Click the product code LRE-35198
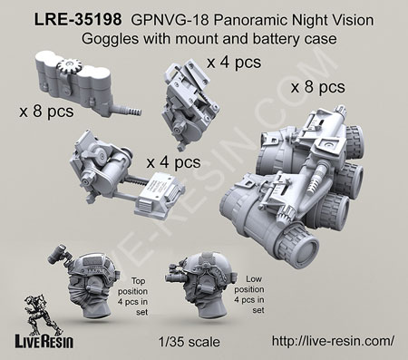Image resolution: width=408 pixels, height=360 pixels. click(x=78, y=20)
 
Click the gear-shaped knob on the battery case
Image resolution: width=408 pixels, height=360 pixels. click(x=69, y=65)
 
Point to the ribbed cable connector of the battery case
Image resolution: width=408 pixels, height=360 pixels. click(x=130, y=111)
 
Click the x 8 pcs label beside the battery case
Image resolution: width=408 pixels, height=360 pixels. click(x=46, y=112)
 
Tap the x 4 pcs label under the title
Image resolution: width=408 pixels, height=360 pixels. click(x=234, y=63)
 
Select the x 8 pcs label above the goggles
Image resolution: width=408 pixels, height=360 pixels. click(x=317, y=87)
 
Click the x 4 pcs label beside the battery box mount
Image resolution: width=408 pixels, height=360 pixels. click(x=173, y=162)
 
